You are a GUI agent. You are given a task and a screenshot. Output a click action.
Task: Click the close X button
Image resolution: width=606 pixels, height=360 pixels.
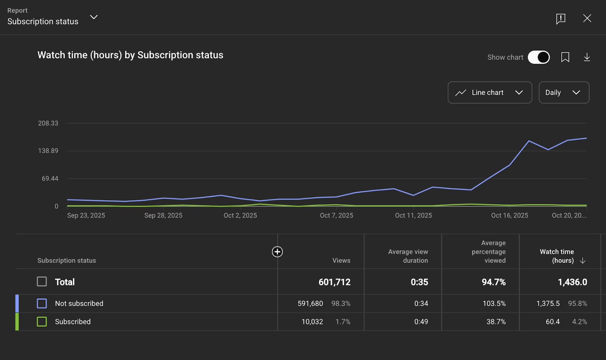(x=587, y=18)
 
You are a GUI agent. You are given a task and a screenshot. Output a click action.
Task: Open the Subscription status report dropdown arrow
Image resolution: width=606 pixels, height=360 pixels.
(x=94, y=17)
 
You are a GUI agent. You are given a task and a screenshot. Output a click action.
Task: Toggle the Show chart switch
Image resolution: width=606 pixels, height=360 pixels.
(x=539, y=57)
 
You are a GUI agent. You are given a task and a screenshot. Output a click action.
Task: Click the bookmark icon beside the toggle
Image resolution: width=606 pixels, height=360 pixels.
(x=565, y=57)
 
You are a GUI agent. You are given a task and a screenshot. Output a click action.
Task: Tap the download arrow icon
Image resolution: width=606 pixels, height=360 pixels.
(x=587, y=57)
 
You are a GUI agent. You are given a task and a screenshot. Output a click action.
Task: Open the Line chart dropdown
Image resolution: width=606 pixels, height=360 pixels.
(x=489, y=92)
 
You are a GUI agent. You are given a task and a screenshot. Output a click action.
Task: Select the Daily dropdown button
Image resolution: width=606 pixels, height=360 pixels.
(x=564, y=92)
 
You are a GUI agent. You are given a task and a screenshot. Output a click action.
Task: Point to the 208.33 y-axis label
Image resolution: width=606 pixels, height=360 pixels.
(x=48, y=123)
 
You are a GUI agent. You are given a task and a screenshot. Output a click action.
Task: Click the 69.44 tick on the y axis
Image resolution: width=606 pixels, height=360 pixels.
(x=50, y=178)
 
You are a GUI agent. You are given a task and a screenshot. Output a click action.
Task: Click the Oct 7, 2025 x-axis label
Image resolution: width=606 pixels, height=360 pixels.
(x=336, y=215)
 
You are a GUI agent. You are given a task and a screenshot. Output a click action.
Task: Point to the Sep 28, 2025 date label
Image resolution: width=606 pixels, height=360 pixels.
(x=163, y=215)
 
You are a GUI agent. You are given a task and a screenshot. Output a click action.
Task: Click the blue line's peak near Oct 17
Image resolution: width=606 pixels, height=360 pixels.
(x=529, y=141)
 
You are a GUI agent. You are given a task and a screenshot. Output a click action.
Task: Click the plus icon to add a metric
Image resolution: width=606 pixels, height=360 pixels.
(x=277, y=252)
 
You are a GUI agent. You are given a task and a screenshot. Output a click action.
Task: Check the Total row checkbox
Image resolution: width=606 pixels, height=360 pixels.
(x=42, y=282)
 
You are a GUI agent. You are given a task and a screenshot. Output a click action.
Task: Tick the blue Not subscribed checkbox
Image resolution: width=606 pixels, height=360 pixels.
(x=42, y=303)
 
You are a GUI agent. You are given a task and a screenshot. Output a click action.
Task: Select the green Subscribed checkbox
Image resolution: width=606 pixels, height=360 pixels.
(x=42, y=321)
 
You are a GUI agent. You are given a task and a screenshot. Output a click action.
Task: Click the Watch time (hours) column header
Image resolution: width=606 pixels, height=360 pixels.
(x=557, y=256)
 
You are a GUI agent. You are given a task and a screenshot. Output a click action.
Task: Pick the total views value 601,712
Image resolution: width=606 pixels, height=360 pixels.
(x=334, y=282)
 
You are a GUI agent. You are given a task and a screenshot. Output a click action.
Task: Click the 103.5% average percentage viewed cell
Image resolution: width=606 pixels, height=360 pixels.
(x=494, y=304)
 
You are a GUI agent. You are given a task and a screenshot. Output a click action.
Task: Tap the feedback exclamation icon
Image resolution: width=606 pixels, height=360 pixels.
(x=561, y=19)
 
